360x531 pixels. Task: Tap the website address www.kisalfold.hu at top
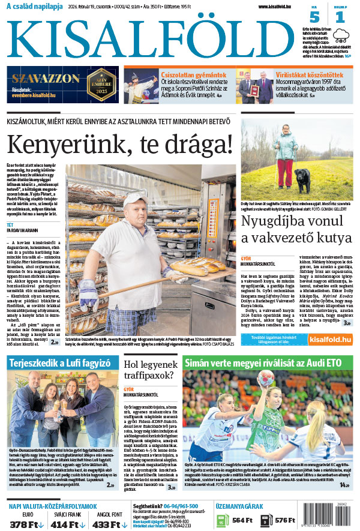click(280, 7)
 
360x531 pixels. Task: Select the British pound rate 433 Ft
click(111, 524)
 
